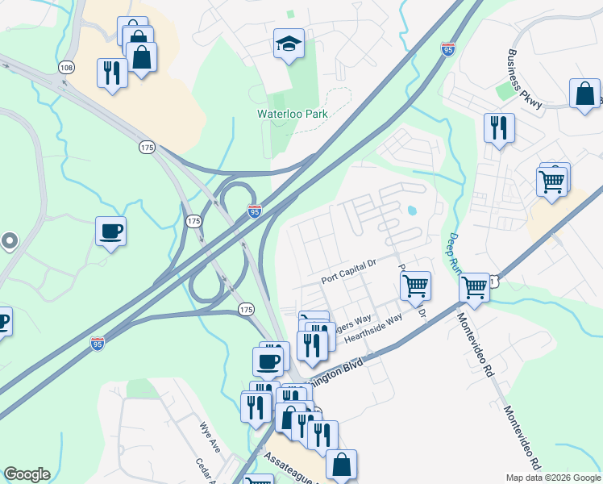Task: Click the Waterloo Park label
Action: pos(292,115)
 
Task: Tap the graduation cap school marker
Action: pos(288,45)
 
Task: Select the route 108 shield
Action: pos(66,68)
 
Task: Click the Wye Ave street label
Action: pos(210,435)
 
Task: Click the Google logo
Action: pos(27,474)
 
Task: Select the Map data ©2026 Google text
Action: pos(552,478)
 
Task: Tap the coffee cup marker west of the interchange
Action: pos(110,232)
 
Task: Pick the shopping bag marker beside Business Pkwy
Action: pos(584,94)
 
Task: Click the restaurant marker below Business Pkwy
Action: pos(499,127)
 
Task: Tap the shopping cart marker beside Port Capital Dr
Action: pos(415,285)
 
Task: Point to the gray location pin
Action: pos(9,240)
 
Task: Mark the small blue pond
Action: pos(413,211)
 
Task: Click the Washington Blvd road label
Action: pos(339,372)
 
